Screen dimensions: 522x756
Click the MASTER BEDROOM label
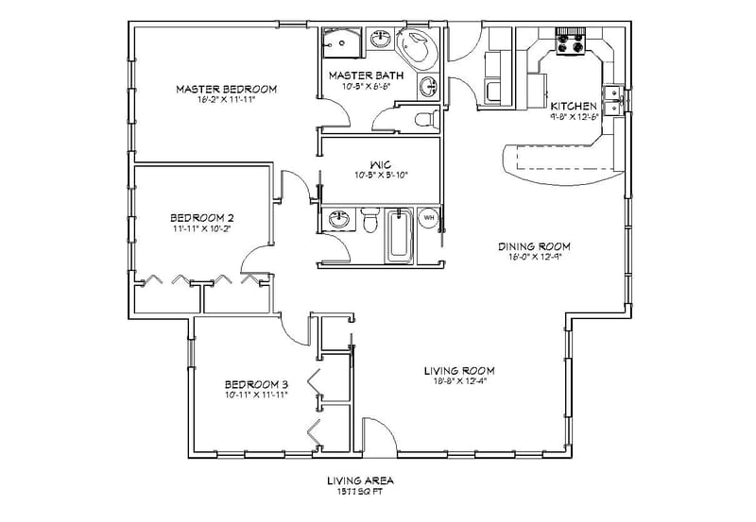226,89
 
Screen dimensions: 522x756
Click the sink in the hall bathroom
337,220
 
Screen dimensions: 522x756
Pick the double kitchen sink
613,96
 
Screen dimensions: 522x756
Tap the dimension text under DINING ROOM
535,258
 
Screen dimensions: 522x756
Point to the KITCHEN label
575,107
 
